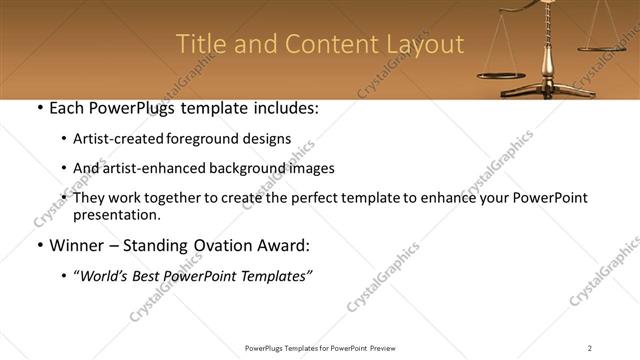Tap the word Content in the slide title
[x=326, y=45]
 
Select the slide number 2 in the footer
[x=589, y=348]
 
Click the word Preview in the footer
[x=385, y=348]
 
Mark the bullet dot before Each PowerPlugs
[x=39, y=108]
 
